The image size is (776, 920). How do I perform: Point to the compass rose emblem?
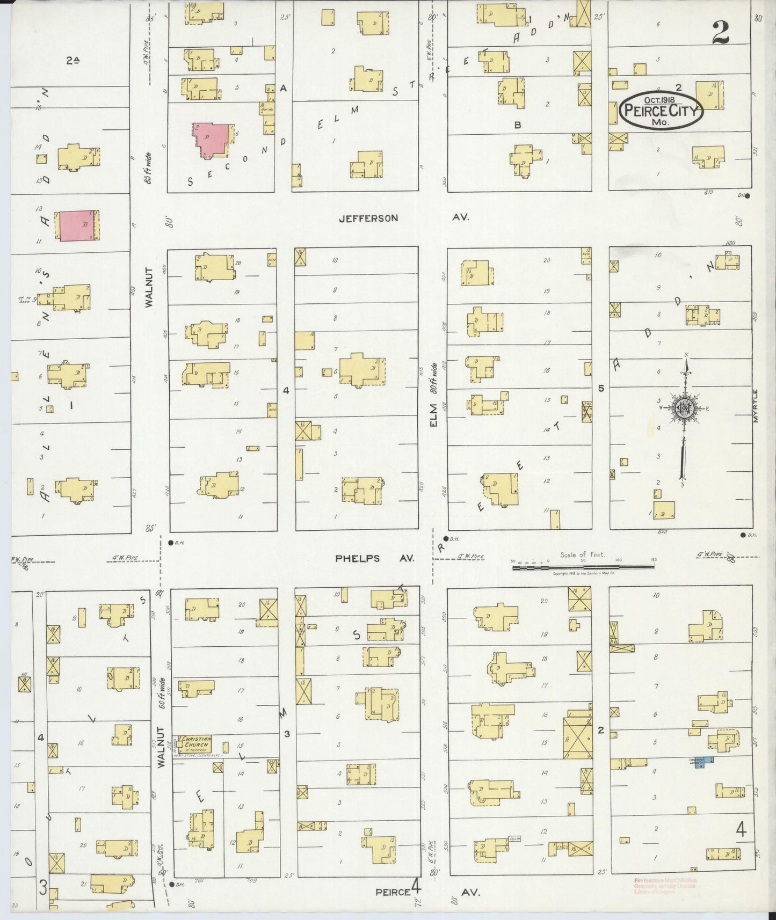click(x=685, y=407)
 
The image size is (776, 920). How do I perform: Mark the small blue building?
click(x=708, y=760)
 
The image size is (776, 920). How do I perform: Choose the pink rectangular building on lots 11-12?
click(x=78, y=226)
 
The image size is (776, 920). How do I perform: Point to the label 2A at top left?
click(x=72, y=61)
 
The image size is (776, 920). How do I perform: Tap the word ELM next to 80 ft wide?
click(x=433, y=416)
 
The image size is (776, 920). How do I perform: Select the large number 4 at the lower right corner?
click(x=741, y=831)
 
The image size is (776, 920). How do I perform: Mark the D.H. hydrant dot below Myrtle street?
click(x=743, y=535)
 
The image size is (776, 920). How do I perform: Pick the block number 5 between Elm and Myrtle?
click(x=601, y=388)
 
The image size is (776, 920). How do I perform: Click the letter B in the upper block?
click(x=518, y=125)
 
